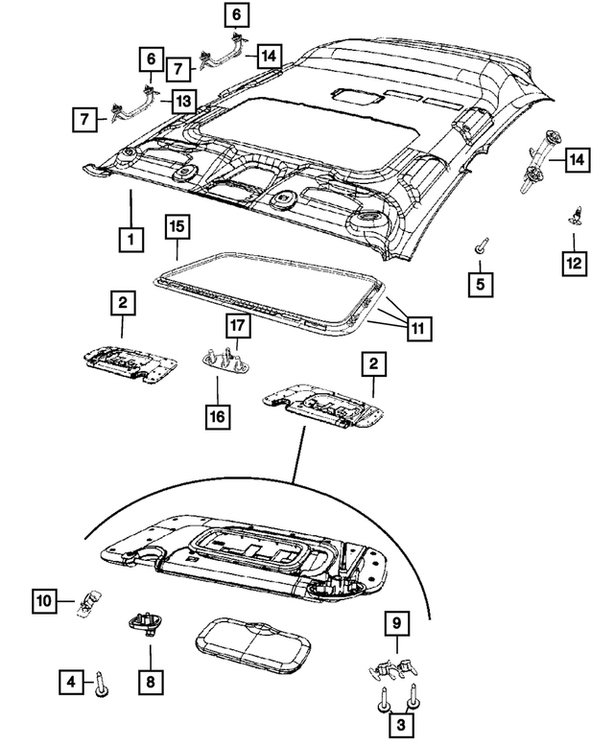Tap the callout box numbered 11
(417, 328)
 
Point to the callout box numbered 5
(482, 283)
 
